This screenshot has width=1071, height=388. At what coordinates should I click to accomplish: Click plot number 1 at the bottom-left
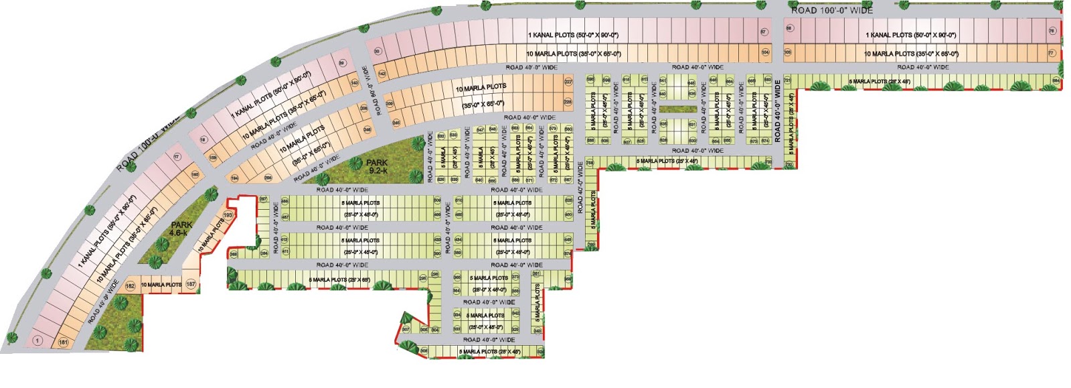[x=37, y=341]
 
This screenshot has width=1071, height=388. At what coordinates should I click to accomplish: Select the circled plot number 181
[x=64, y=343]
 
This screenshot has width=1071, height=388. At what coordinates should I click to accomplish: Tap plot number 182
[x=131, y=286]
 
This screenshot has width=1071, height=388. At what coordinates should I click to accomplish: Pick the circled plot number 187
[x=191, y=285]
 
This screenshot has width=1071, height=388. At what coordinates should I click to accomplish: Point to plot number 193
[x=228, y=215]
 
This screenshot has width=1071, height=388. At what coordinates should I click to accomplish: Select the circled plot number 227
[x=568, y=82]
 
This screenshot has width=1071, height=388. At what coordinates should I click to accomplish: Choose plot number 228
[x=568, y=102]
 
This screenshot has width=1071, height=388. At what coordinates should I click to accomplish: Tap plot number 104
[x=765, y=52]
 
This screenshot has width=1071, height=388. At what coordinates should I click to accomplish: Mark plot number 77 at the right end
[x=1051, y=53]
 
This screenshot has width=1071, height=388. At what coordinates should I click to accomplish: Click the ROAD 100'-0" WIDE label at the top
[x=832, y=10]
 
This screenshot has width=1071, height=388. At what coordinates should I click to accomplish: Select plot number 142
[x=382, y=73]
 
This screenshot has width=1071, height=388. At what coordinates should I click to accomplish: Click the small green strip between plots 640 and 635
[x=678, y=109]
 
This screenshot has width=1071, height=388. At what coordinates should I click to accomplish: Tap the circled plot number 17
[x=177, y=157]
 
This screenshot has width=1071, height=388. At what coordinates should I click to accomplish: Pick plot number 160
[x=195, y=175]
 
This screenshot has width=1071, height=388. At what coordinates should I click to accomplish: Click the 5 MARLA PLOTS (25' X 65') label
[x=339, y=279]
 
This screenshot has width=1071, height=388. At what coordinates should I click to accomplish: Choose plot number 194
[x=234, y=178]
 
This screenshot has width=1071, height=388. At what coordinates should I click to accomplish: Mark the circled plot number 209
[x=390, y=104]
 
